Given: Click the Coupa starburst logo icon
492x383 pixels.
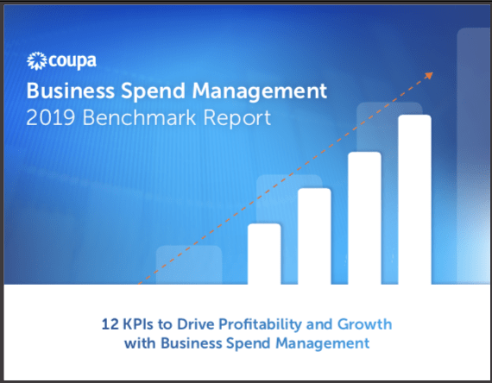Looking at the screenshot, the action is coord(37,61).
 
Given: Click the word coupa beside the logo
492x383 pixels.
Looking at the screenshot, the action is coord(73,61).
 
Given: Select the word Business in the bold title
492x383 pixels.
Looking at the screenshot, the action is coord(71,91).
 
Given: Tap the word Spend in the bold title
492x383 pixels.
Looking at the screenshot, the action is coord(154,91).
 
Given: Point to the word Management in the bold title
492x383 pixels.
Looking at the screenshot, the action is coord(260,91).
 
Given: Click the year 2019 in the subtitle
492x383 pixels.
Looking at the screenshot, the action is coord(51,118).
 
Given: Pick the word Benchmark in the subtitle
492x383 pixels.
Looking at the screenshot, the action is coord(139,118).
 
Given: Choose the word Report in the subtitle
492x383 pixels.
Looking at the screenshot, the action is coord(237,119).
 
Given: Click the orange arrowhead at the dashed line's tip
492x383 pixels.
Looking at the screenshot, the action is coord(429,75).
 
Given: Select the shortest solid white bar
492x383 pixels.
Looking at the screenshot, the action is coord(264,254).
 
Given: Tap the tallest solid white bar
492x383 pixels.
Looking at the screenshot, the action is coord(415,200).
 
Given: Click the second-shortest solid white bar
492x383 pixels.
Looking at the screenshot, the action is coord(314,236).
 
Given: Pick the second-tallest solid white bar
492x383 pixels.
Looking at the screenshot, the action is coord(364,218).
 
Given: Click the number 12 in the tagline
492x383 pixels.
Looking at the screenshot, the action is coord(110,324).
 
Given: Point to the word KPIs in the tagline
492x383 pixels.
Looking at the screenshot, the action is coord(138,324).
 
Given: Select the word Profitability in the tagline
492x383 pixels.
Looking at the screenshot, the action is coord(260,325).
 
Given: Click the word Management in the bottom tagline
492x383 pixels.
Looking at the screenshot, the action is coord(323,344).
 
